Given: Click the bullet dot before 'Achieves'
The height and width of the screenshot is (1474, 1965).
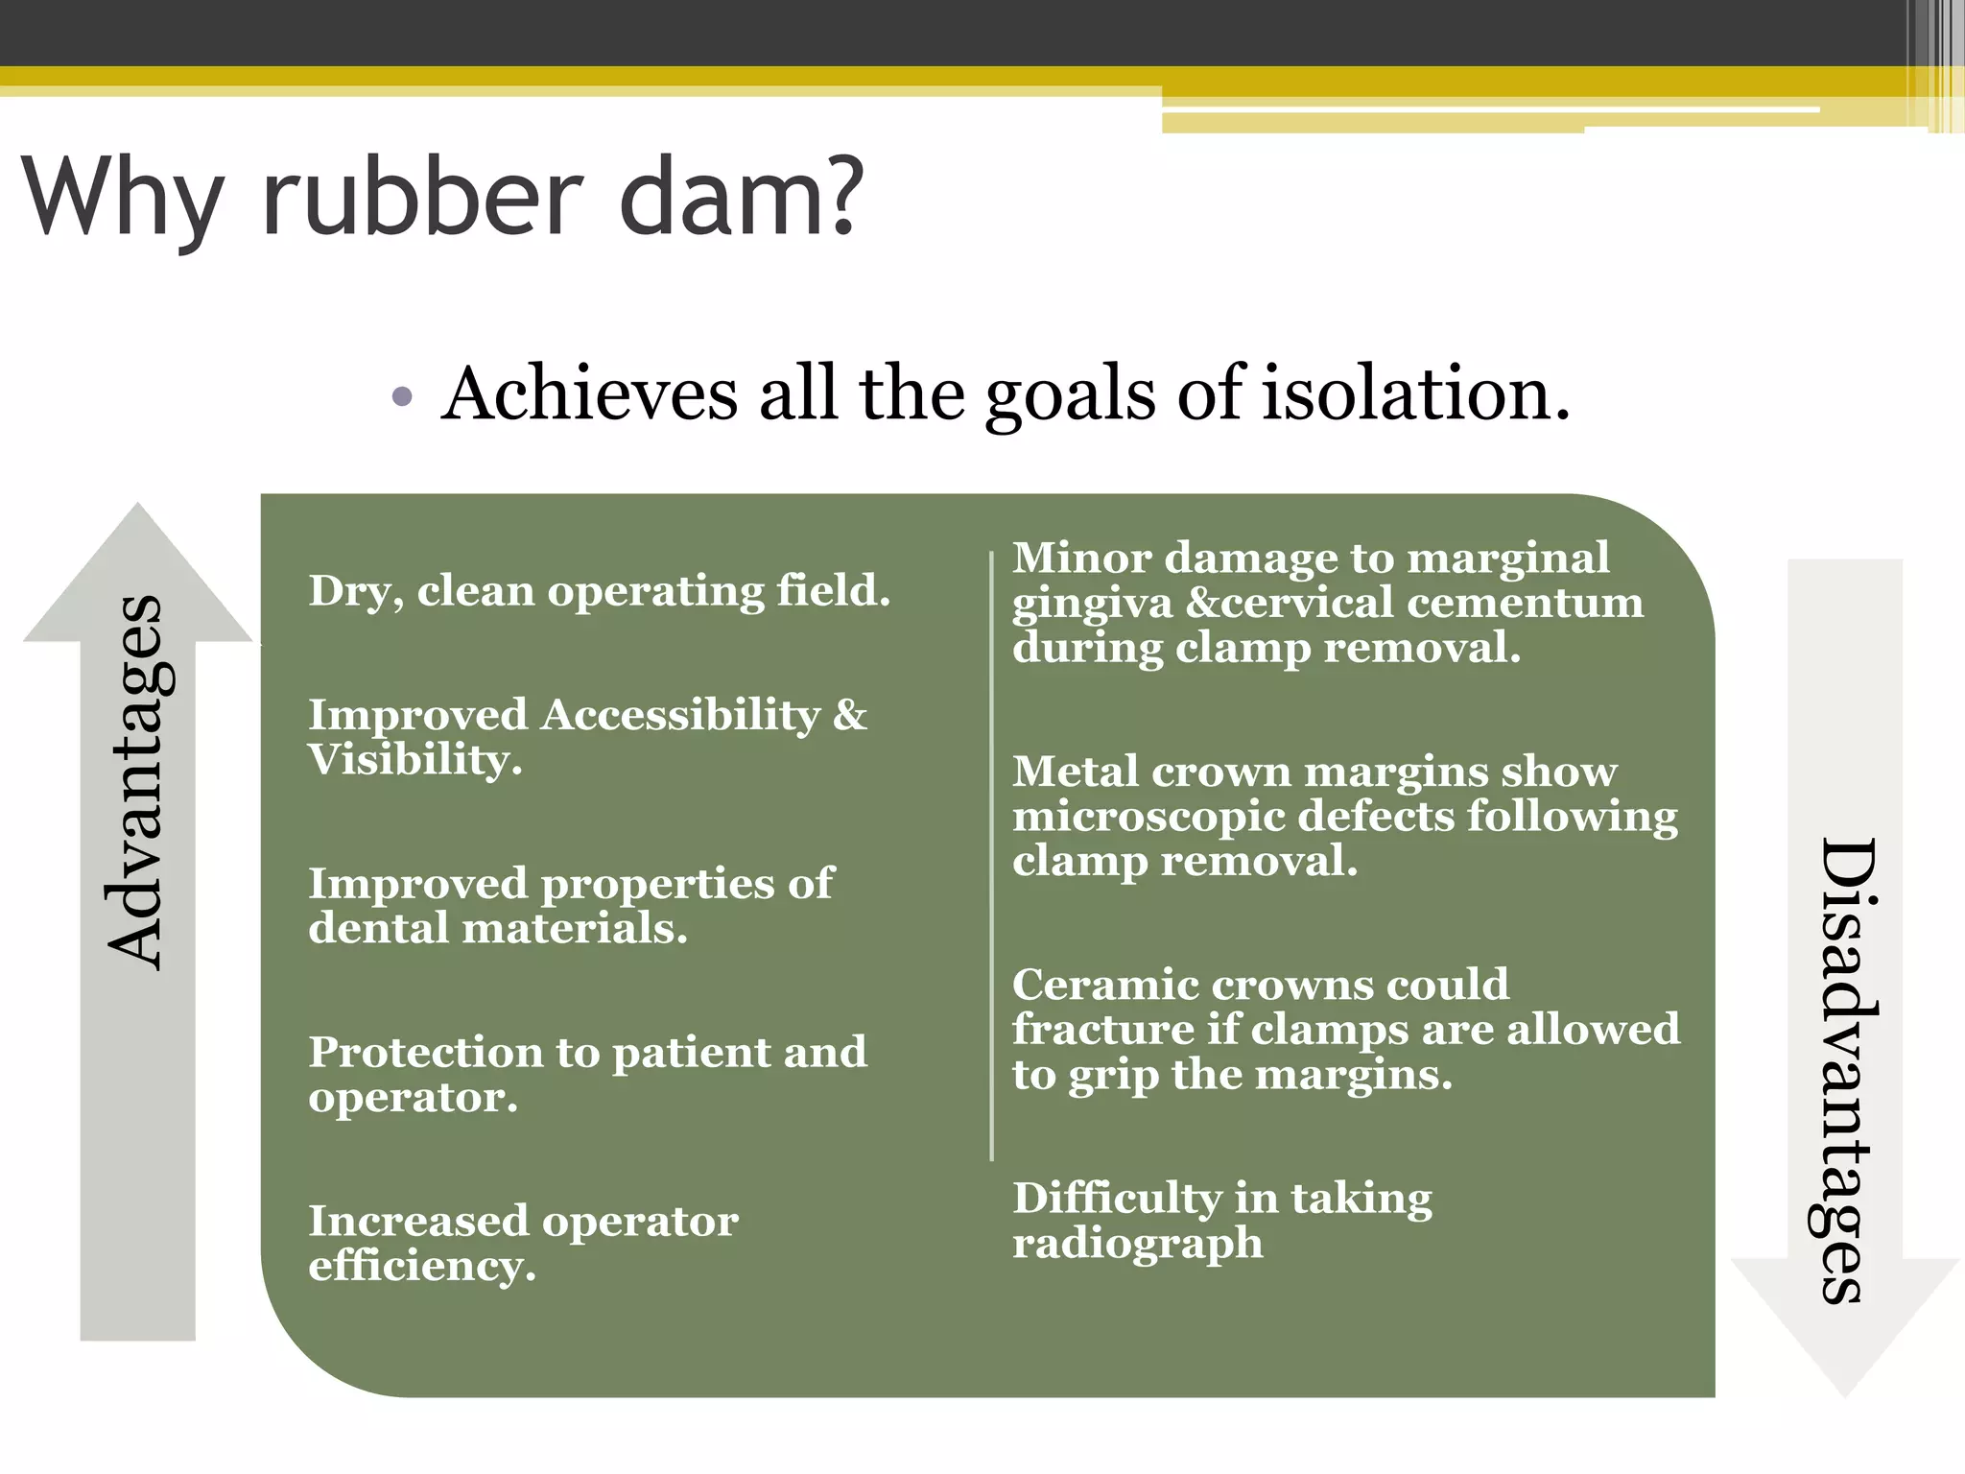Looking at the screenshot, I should tap(403, 396).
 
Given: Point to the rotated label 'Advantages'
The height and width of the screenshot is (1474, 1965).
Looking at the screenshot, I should tap(137, 782).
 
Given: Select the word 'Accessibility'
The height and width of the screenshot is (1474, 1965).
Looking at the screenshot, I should tap(680, 715).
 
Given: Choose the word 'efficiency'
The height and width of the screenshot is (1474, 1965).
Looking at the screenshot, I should tap(420, 1266).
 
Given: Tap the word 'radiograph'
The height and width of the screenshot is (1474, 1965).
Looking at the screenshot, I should tap(1137, 1244).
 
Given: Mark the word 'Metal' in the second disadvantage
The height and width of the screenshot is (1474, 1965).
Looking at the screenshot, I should tap(1075, 772).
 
